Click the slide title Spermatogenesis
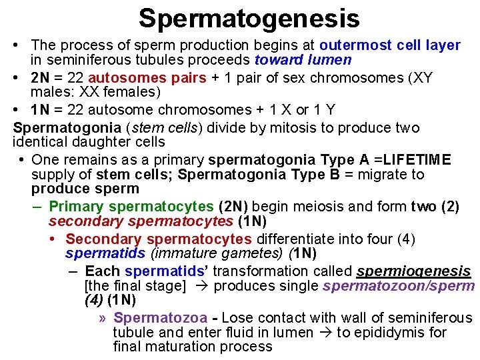[x=249, y=18]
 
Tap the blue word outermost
[x=354, y=45]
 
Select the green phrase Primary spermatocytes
[x=131, y=207]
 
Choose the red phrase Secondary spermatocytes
[x=159, y=239]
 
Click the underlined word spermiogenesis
[x=414, y=271]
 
